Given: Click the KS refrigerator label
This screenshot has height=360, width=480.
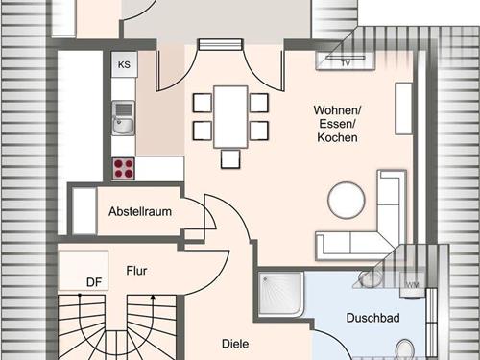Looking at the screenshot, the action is [x=124, y=64].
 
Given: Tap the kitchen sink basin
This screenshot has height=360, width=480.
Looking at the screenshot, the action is [x=124, y=125].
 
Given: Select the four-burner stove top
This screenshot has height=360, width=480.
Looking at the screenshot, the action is [x=124, y=169].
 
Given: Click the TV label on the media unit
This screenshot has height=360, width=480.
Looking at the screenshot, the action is [x=346, y=63].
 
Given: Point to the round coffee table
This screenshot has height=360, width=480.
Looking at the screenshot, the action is [x=347, y=200].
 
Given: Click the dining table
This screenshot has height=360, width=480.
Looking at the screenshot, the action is [x=231, y=117].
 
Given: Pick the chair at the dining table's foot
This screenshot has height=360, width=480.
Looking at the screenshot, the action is [x=230, y=159].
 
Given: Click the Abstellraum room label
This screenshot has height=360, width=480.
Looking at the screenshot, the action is [x=140, y=211].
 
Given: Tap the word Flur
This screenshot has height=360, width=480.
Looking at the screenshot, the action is [x=136, y=271].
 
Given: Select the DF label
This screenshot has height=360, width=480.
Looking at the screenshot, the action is [x=94, y=282].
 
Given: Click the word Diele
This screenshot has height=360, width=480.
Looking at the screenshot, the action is [x=235, y=344].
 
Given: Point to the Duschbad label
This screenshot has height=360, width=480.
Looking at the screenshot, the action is [x=373, y=318].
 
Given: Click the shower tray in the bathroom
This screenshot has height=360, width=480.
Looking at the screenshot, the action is [x=280, y=294].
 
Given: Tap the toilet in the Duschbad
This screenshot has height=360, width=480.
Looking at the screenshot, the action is [x=404, y=349].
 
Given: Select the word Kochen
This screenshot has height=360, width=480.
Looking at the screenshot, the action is [x=337, y=137].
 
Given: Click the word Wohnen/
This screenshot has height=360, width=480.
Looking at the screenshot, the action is [x=337, y=110].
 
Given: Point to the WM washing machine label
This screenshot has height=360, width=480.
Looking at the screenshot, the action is [x=412, y=285].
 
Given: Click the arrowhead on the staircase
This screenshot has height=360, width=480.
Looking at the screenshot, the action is [x=153, y=297].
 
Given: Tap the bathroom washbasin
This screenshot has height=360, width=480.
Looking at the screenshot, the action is [x=370, y=278].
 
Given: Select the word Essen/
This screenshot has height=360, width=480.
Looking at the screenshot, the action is [x=337, y=124].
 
